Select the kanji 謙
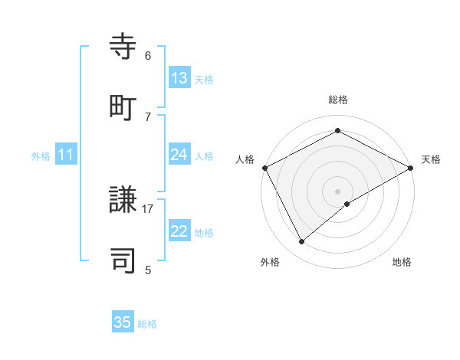(124, 201)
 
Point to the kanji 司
(124, 260)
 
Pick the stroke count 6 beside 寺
(148, 56)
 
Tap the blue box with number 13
(179, 78)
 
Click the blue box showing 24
(179, 155)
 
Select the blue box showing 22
(179, 231)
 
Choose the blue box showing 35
(123, 322)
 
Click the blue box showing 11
(66, 155)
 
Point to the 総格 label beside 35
(147, 324)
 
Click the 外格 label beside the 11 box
(41, 156)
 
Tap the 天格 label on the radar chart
(431, 159)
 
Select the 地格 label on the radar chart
(402, 263)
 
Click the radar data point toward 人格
(264, 168)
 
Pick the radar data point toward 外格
(302, 241)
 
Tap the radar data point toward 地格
(347, 204)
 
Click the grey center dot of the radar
(337, 191)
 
